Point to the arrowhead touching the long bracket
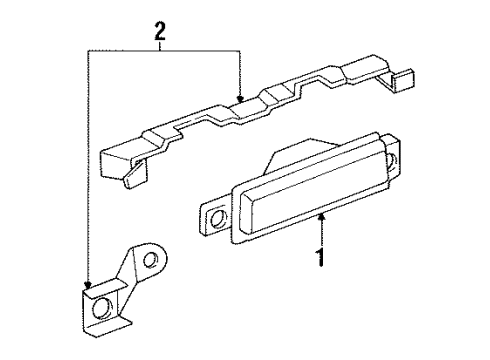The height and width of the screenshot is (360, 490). [240, 98]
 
